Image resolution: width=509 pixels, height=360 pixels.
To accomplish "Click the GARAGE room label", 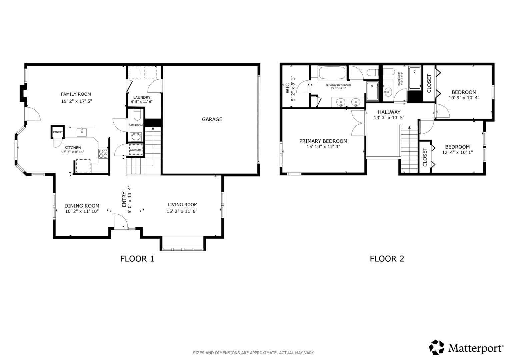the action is click(212, 119).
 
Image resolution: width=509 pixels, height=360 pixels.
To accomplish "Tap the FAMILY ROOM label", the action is click(76, 94).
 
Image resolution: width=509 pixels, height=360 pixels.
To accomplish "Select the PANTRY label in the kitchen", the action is click(58, 132).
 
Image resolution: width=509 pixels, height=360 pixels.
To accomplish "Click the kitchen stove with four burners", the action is click(103, 154).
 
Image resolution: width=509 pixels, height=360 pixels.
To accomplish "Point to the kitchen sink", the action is click(82, 132).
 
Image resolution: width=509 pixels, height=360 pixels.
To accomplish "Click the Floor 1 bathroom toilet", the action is click(137, 115).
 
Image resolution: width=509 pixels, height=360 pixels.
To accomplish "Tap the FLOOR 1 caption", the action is click(137, 259).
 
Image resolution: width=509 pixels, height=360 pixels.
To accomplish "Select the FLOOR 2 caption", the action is click(387, 259).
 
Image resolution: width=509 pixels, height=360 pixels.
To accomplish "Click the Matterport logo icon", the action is click(436, 347).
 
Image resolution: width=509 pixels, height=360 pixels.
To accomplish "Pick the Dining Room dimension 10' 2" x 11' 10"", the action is click(82, 211).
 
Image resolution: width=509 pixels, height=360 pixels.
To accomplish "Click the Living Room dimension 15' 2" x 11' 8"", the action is click(182, 211).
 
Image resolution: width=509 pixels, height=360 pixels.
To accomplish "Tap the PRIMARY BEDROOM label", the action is click(323, 141).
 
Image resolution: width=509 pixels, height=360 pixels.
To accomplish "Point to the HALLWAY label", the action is click(389, 112).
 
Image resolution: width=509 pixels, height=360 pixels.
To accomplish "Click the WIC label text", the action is click(287, 88).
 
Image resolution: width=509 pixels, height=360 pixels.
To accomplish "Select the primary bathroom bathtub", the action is click(332, 73).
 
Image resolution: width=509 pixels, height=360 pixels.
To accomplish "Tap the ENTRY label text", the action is click(124, 199).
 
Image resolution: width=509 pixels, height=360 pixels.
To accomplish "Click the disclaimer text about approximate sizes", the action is click(254, 353).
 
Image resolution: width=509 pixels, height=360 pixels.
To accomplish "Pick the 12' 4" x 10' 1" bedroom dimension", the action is click(457, 153).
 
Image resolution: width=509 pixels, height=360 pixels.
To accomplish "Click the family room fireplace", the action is click(23, 93).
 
